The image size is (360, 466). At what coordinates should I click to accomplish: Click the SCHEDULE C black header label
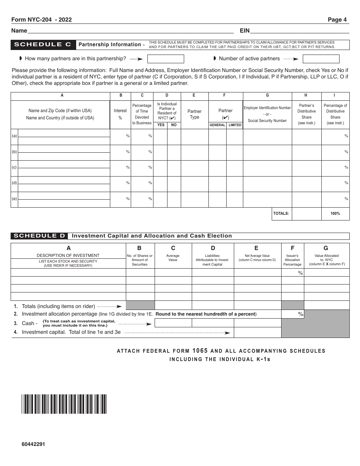tap(43, 45)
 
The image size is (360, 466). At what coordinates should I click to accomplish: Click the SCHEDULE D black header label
tap(39, 236)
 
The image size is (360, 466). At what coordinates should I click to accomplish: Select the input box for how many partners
tap(166, 59)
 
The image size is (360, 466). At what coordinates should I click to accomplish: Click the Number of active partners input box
tap(321, 59)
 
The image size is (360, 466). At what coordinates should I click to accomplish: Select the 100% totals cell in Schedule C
tap(335, 214)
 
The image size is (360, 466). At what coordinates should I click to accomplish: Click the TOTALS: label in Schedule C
tap(281, 214)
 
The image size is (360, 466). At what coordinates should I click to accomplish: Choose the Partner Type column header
tap(194, 114)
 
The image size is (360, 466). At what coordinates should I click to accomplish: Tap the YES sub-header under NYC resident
tap(161, 125)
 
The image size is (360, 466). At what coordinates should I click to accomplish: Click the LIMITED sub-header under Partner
tap(235, 125)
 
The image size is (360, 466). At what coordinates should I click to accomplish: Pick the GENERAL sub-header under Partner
tap(218, 125)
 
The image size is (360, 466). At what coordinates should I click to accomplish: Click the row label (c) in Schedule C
tap(14, 167)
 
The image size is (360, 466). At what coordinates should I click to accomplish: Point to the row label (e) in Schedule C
tap(14, 198)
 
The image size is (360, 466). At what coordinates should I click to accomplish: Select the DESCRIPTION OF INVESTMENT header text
tap(68, 255)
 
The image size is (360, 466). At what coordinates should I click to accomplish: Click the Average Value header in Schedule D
tap(173, 258)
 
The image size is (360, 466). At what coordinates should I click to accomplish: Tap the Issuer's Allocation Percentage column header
tap(293, 260)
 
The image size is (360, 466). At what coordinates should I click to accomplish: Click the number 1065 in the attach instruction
tap(200, 351)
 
